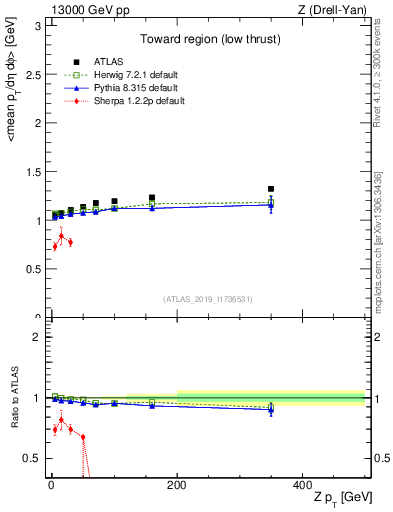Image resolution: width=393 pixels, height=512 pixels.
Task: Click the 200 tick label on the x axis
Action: [x=177, y=484]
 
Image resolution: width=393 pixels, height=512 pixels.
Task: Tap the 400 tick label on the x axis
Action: [x=302, y=484]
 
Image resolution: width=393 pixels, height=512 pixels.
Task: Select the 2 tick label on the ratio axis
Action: [x=36, y=337]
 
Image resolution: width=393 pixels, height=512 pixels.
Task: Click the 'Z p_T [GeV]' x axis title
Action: [x=339, y=498]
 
